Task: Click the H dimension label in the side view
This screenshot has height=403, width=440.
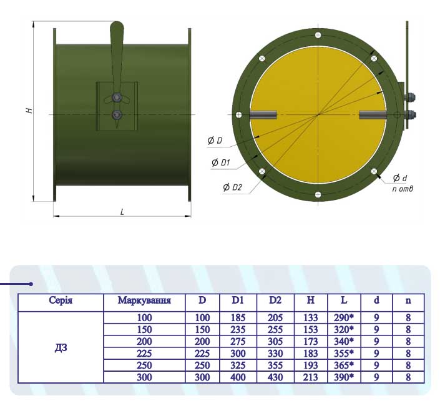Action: point(29,110)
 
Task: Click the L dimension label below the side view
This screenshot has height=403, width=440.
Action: point(122,212)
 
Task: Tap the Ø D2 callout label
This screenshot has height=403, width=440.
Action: point(232,187)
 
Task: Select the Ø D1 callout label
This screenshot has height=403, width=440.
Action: point(221,162)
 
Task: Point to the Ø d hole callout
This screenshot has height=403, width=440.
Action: point(400,178)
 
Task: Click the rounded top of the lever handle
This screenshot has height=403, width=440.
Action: point(117,27)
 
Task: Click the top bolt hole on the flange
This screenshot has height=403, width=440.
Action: point(318,35)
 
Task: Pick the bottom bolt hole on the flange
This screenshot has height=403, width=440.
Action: point(318,194)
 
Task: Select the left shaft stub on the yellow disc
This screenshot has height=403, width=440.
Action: point(263,115)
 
